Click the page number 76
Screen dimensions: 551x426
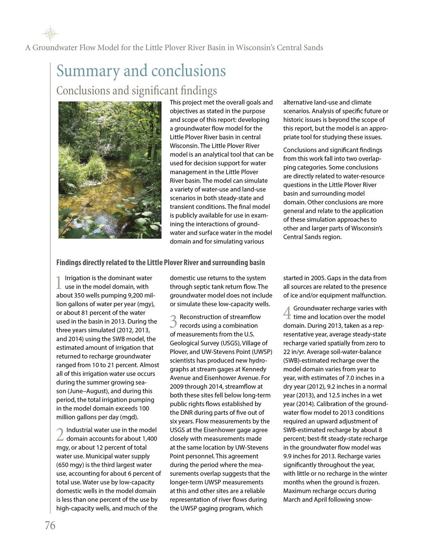50,525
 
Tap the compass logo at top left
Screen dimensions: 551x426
50,34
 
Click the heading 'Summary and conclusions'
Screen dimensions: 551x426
141,71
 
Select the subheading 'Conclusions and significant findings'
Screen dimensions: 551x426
137,91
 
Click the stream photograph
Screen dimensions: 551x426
110,170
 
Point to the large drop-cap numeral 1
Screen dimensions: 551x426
59,283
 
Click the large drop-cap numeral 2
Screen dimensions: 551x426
60,435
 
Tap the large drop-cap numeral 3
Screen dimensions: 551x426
173,321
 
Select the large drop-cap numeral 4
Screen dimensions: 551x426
287,313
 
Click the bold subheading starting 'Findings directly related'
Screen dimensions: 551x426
160,263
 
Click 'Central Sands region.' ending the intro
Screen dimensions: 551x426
312,237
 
